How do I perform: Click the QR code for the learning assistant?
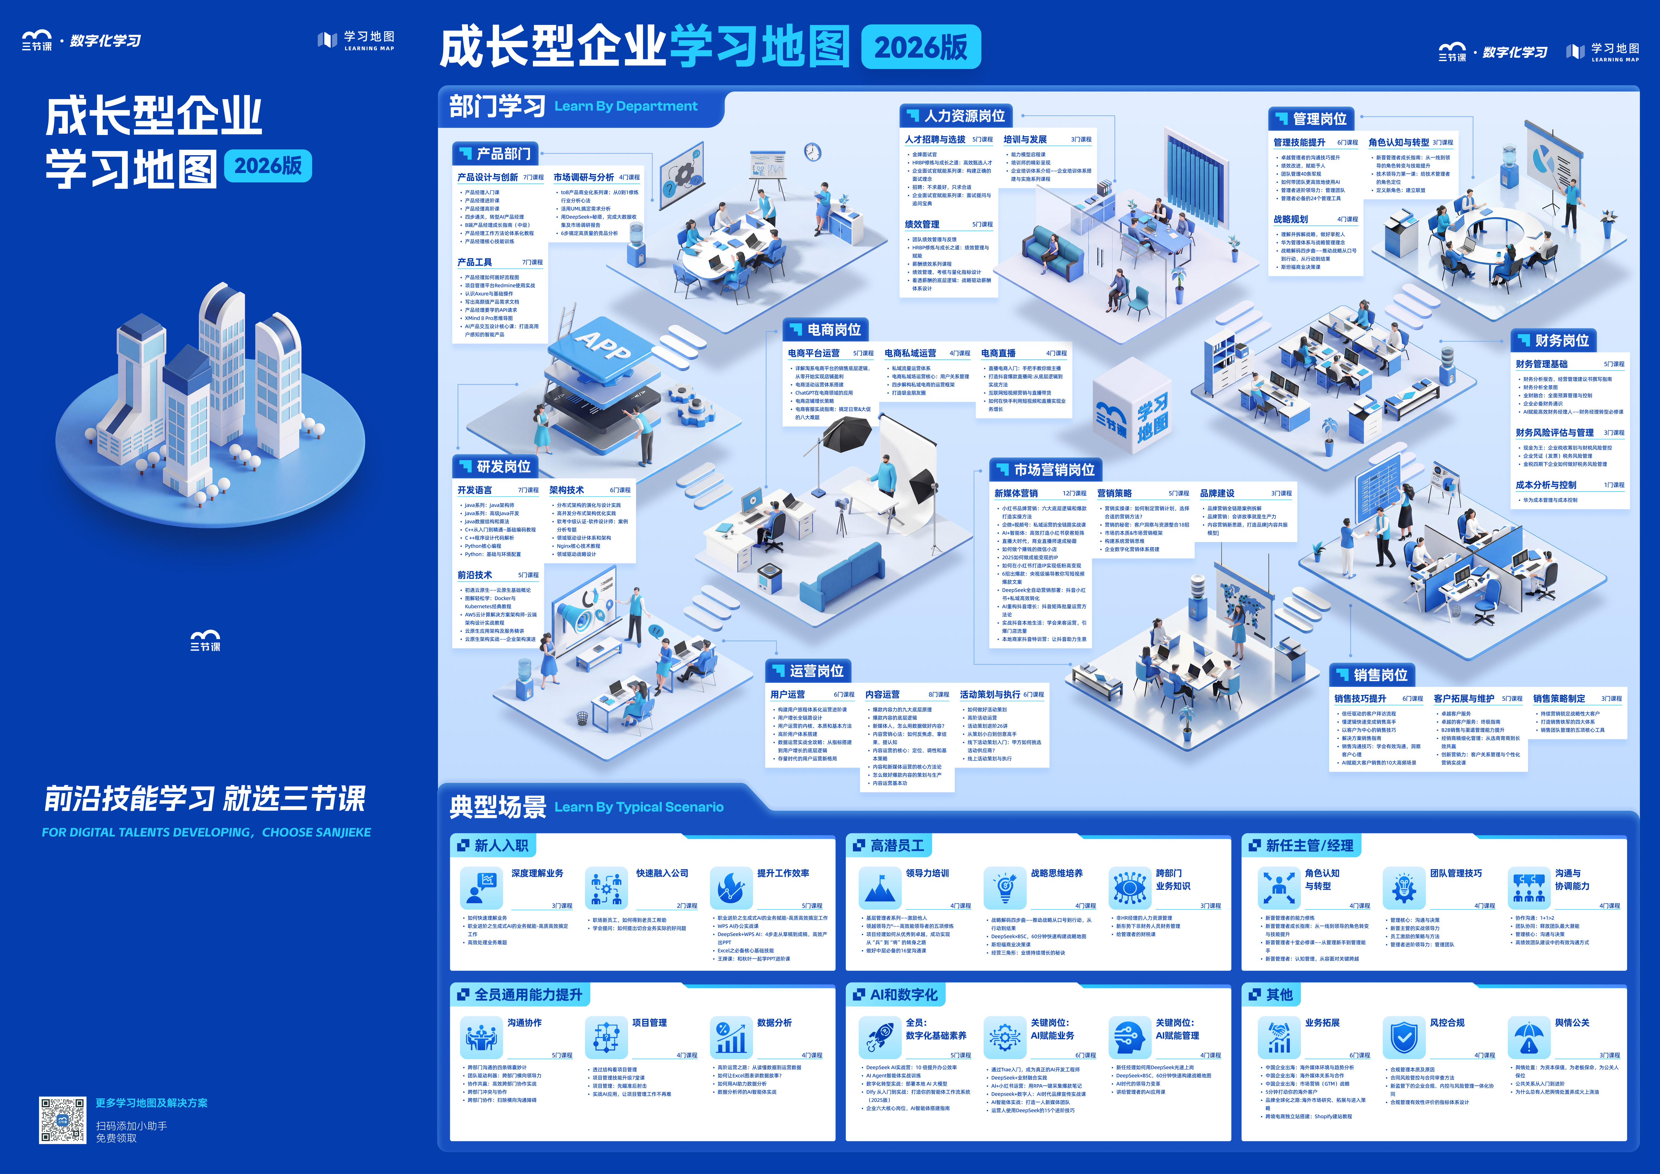coord(62,1120)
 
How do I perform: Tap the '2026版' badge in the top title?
coord(920,48)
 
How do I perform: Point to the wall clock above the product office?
coord(813,152)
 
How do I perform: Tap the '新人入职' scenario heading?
coord(494,845)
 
